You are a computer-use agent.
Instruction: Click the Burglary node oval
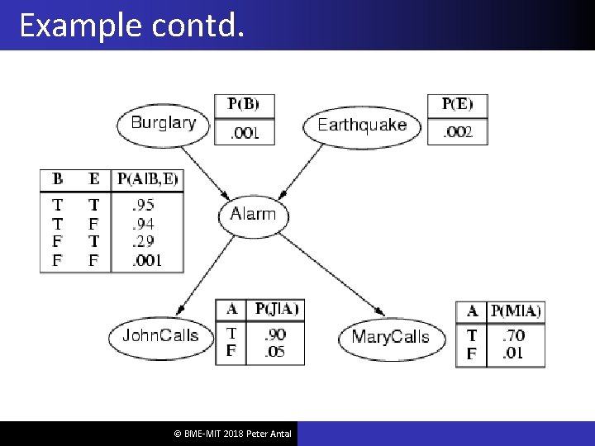[x=164, y=123]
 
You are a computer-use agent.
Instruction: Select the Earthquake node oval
[x=362, y=125]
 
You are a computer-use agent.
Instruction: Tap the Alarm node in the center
[x=253, y=215]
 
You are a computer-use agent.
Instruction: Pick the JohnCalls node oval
[x=160, y=335]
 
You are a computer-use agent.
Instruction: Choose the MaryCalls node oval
[x=390, y=337]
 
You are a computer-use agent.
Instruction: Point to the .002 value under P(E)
[x=457, y=132]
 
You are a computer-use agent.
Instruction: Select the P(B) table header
[x=243, y=105]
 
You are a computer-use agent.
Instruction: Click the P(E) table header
[x=457, y=105]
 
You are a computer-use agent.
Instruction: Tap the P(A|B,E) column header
[x=148, y=178]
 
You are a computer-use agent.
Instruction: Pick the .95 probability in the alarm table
[x=144, y=205]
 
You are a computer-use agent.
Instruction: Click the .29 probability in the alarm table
[x=144, y=242]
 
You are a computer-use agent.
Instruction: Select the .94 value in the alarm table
[x=144, y=224]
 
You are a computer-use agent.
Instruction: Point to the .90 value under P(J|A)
[x=275, y=334]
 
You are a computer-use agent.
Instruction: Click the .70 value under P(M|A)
[x=514, y=336]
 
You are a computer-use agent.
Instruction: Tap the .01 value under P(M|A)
[x=514, y=354]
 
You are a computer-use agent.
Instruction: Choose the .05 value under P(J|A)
[x=275, y=352]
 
